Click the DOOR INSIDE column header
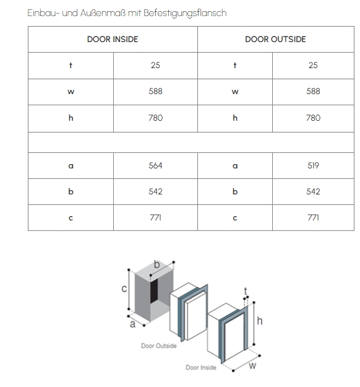coord(113,39)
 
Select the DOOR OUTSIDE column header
coord(275,39)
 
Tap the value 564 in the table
coord(155,165)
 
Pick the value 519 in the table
coord(313,165)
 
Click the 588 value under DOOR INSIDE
coord(155,91)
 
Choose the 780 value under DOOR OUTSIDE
coord(313,118)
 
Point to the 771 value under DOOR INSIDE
coord(155,217)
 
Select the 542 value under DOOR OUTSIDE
coord(313,191)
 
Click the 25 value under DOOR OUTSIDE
coord(313,65)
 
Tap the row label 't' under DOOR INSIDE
coord(71,66)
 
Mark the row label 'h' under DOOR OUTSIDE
coord(235,118)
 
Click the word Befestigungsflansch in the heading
coord(185,13)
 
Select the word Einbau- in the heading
coord(44,13)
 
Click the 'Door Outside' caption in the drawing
coord(159,346)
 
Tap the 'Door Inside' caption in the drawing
coord(201,368)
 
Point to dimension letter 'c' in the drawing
coord(124,289)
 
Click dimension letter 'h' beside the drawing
coord(260,321)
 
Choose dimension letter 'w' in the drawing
coord(252,365)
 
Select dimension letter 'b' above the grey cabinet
coord(157,264)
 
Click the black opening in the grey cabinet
coord(154,291)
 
